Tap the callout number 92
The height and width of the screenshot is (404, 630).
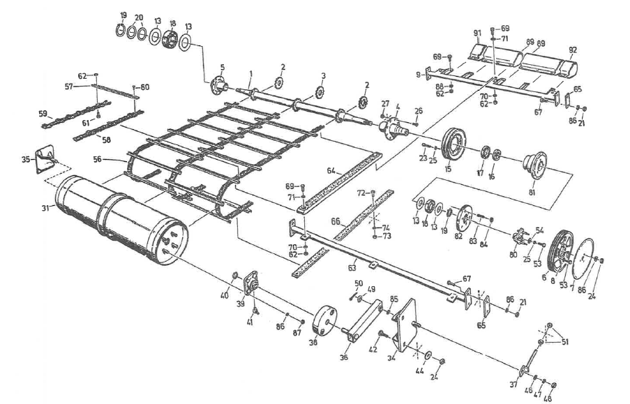tap(573, 50)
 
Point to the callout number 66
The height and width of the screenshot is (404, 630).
tap(336, 220)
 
